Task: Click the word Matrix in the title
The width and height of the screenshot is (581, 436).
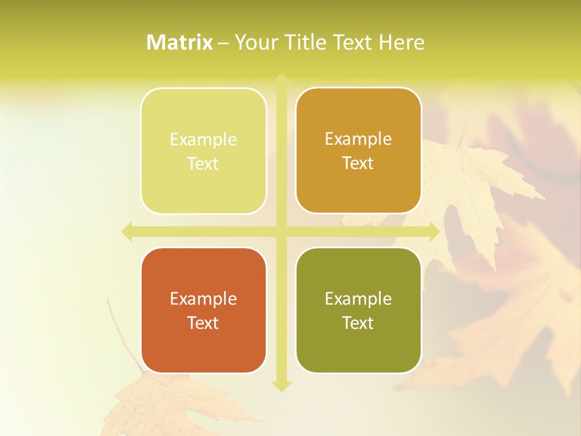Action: coord(180,42)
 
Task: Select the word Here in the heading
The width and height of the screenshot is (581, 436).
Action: coord(401,42)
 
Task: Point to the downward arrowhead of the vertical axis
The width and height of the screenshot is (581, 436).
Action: coord(281,386)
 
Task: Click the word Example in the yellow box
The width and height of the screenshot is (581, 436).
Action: coord(203,140)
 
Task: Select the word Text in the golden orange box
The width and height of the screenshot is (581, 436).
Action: coord(358,163)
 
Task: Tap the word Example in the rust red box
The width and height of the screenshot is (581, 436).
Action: coord(203,299)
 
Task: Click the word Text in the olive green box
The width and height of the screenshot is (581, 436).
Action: coord(358,323)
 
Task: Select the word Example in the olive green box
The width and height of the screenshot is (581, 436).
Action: coord(358,299)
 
